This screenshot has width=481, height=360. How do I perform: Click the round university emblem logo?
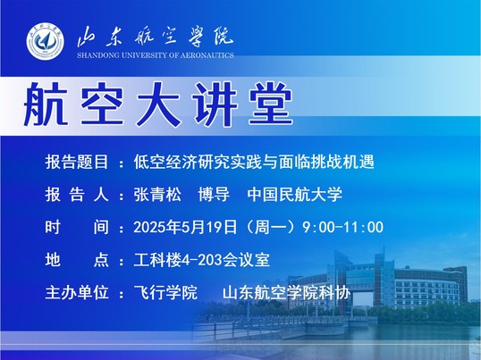pyautogui.click(x=46, y=41)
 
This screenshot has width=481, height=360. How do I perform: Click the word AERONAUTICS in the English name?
pyautogui.click(x=207, y=55)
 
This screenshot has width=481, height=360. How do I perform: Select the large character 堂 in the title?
pyautogui.click(x=271, y=104)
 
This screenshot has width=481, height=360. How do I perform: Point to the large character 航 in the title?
pyautogui.click(x=46, y=104)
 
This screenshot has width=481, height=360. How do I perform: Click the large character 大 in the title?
pyautogui.click(x=158, y=104)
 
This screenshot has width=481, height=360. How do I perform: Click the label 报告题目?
pyautogui.click(x=77, y=162)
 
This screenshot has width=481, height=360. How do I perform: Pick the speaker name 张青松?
pyautogui.click(x=157, y=195)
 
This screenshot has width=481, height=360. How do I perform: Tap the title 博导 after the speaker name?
pyautogui.click(x=214, y=195)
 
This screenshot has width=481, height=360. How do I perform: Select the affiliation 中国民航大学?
pyautogui.click(x=294, y=195)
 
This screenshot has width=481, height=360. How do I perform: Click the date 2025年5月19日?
pyautogui.click(x=185, y=227)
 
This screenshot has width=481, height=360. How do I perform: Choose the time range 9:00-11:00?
pyautogui.click(x=342, y=227)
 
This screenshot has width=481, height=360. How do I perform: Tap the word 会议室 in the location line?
pyautogui.click(x=246, y=260)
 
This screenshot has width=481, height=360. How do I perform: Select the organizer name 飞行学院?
pyautogui.click(x=165, y=293)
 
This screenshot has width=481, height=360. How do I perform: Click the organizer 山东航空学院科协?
pyautogui.click(x=286, y=293)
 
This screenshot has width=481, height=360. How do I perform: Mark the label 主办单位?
pyautogui.click(x=77, y=293)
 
